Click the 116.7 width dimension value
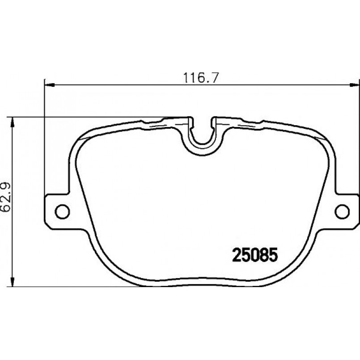tap(200, 78)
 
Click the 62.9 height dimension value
tap(6, 197)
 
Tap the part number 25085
tap(255, 255)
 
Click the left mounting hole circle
tap(62, 211)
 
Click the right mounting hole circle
tap(342, 211)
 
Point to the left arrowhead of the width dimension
tap(49, 85)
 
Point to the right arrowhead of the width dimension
tap(354, 85)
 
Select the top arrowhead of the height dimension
tap(13, 122)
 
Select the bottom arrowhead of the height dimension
tap(13, 281)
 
